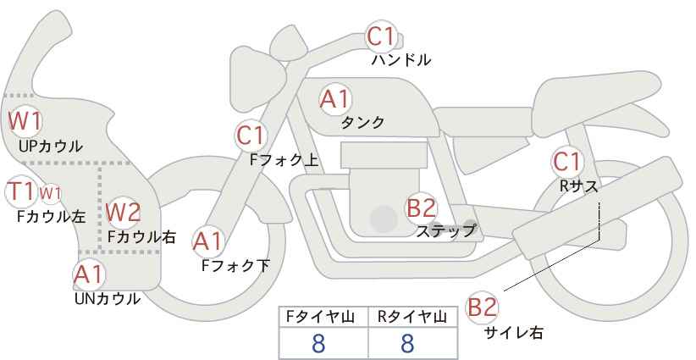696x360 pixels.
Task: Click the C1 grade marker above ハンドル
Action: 381,36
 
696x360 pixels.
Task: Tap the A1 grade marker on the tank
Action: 334,99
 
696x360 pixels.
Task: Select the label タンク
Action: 362,123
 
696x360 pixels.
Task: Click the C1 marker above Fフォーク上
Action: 251,136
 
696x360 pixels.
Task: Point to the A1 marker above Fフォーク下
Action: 207,242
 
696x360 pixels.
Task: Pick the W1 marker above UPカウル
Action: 25,121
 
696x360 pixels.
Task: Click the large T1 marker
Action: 20,191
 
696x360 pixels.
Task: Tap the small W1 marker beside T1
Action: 50,193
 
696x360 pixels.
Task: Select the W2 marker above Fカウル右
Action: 124,213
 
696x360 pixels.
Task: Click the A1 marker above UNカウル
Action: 89,274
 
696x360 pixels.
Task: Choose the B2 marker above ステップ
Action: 421,208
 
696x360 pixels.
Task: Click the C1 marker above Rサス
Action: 566,162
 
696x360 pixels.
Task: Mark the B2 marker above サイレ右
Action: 482,307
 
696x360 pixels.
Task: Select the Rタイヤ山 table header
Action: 412,317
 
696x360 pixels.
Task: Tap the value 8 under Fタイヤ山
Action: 318,344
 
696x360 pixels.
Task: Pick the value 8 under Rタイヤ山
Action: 406,344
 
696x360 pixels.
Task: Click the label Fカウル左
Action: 51,217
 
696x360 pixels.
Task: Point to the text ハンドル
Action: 401,60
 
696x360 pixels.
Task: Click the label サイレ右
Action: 514,333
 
